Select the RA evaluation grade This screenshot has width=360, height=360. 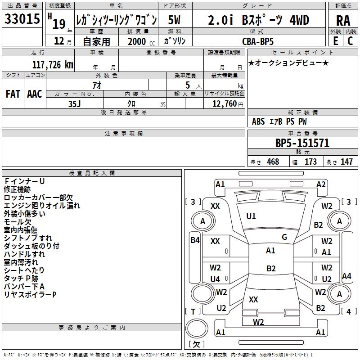click(x=343, y=21)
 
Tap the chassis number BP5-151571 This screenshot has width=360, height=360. click(x=302, y=144)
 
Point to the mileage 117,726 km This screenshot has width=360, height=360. click(x=53, y=64)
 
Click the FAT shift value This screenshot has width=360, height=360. click(x=13, y=94)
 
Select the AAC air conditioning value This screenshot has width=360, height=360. click(x=35, y=94)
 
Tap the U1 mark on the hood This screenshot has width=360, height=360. click(x=251, y=216)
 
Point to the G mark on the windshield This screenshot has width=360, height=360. click(x=284, y=237)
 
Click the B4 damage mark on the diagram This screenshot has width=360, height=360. click(x=195, y=240)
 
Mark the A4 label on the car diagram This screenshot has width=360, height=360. click(x=346, y=276)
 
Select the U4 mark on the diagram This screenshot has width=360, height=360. click(x=216, y=279)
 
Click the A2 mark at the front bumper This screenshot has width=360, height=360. click(x=321, y=184)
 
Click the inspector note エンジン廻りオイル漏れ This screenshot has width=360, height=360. click(x=42, y=206)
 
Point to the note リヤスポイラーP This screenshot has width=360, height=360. click(x=30, y=295)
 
